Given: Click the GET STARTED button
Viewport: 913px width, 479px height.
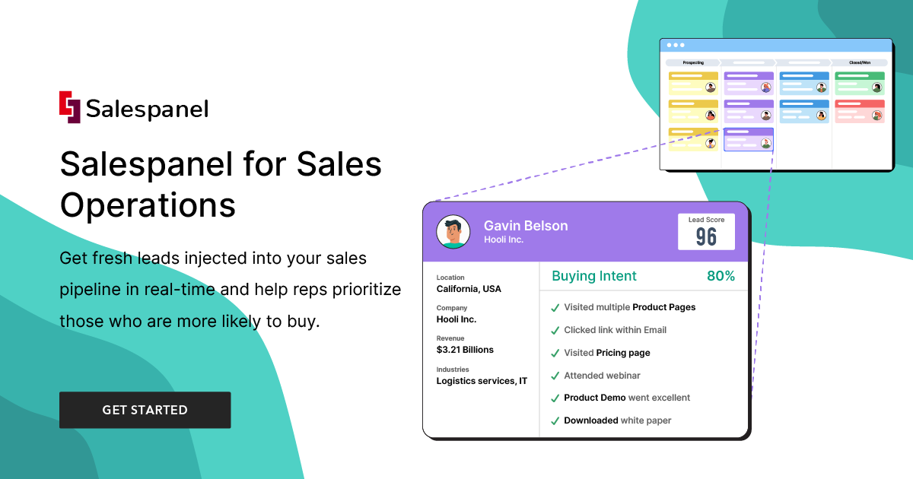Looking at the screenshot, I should click(x=145, y=410).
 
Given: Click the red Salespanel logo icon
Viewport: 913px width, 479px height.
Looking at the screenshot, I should click(x=69, y=107).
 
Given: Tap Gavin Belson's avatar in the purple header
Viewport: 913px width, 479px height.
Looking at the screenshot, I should click(x=453, y=232).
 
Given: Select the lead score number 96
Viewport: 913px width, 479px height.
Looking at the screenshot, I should click(x=706, y=237).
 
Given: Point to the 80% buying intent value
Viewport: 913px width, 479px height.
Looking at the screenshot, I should click(x=721, y=276).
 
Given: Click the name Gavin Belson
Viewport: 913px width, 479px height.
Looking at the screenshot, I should click(x=526, y=226).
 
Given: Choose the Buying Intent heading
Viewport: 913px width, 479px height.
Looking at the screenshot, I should click(x=594, y=276).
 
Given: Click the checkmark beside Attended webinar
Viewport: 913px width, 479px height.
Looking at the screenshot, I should click(x=555, y=376).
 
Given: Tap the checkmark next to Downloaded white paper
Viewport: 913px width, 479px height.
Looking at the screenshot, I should click(x=555, y=420).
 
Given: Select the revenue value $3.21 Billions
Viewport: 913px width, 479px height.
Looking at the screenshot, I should click(x=465, y=350).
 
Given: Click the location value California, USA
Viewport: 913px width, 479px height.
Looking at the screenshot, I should click(x=469, y=289).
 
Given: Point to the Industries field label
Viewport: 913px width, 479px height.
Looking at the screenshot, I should click(x=453, y=370).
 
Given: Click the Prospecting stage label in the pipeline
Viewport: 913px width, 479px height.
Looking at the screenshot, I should click(x=692, y=62).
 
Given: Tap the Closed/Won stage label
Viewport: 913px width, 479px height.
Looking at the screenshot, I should click(x=860, y=62).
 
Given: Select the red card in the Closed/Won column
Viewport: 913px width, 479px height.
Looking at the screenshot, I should click(x=860, y=111).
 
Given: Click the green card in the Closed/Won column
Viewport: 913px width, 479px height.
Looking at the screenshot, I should click(x=860, y=83).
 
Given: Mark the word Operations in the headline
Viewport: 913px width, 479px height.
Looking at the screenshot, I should click(x=148, y=205).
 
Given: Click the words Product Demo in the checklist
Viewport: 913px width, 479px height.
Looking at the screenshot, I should click(x=595, y=398).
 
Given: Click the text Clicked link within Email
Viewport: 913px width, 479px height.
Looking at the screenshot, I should click(x=615, y=330).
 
